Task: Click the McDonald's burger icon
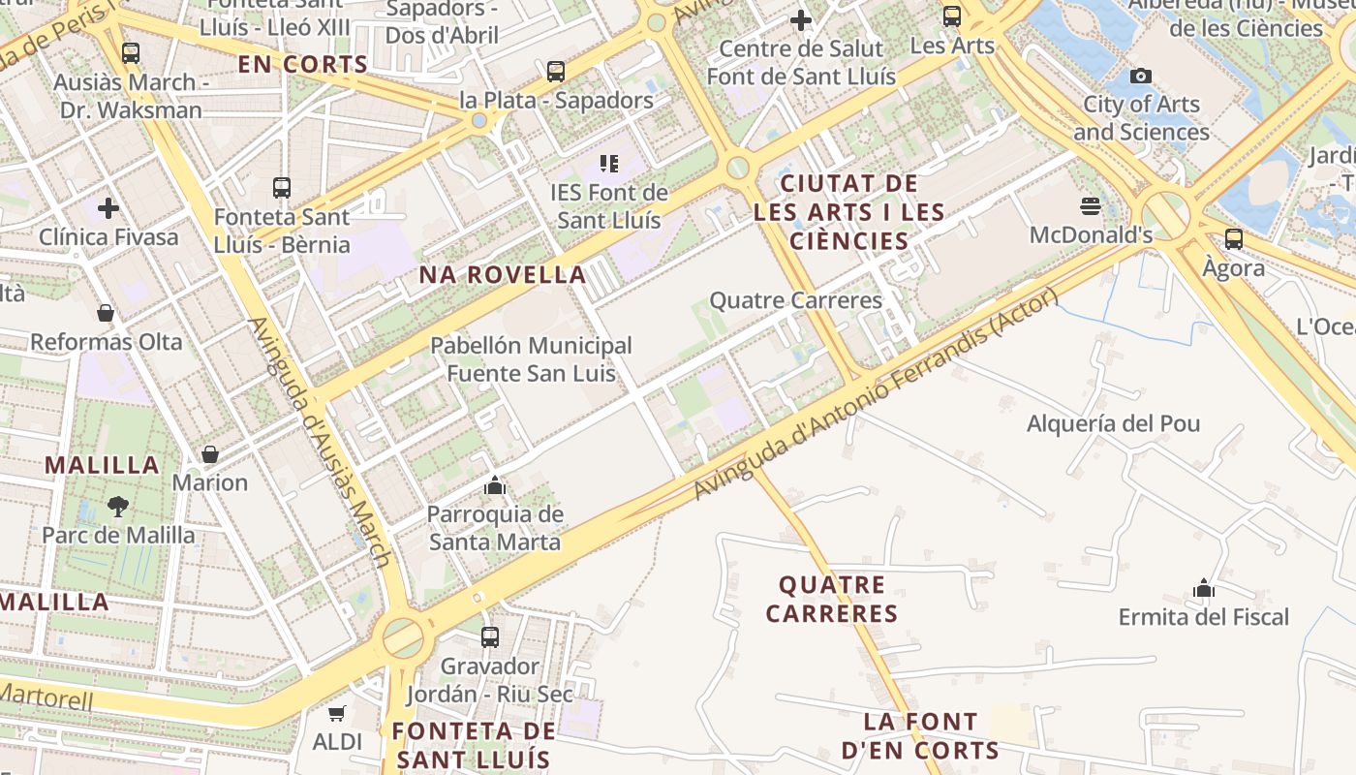click(1091, 205)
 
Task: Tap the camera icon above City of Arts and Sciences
click(1141, 76)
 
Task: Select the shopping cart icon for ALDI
click(336, 713)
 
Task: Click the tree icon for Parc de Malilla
click(117, 506)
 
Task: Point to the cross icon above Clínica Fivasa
click(108, 207)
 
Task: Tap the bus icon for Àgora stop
click(1233, 238)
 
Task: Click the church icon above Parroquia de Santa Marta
click(495, 484)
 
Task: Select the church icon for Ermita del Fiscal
click(1204, 588)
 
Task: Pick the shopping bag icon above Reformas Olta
click(106, 313)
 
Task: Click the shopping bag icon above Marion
click(209, 453)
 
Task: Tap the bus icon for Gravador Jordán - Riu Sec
click(490, 636)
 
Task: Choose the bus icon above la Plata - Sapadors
click(555, 71)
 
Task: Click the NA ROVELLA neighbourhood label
click(503, 275)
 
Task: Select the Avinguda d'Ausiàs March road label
click(321, 442)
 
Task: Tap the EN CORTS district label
click(303, 65)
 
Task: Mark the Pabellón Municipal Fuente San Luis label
click(531, 358)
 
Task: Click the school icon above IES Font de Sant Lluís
click(608, 163)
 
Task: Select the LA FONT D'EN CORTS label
click(920, 736)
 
